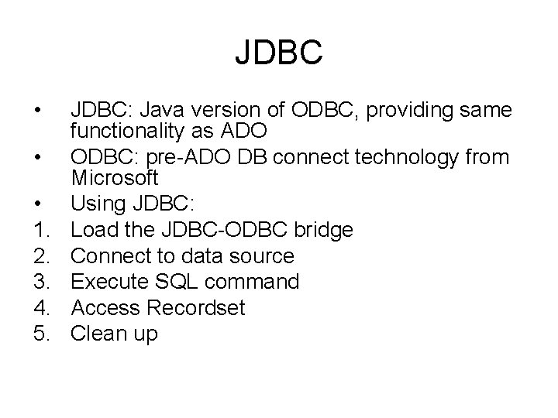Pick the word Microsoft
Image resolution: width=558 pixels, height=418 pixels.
click(115, 177)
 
